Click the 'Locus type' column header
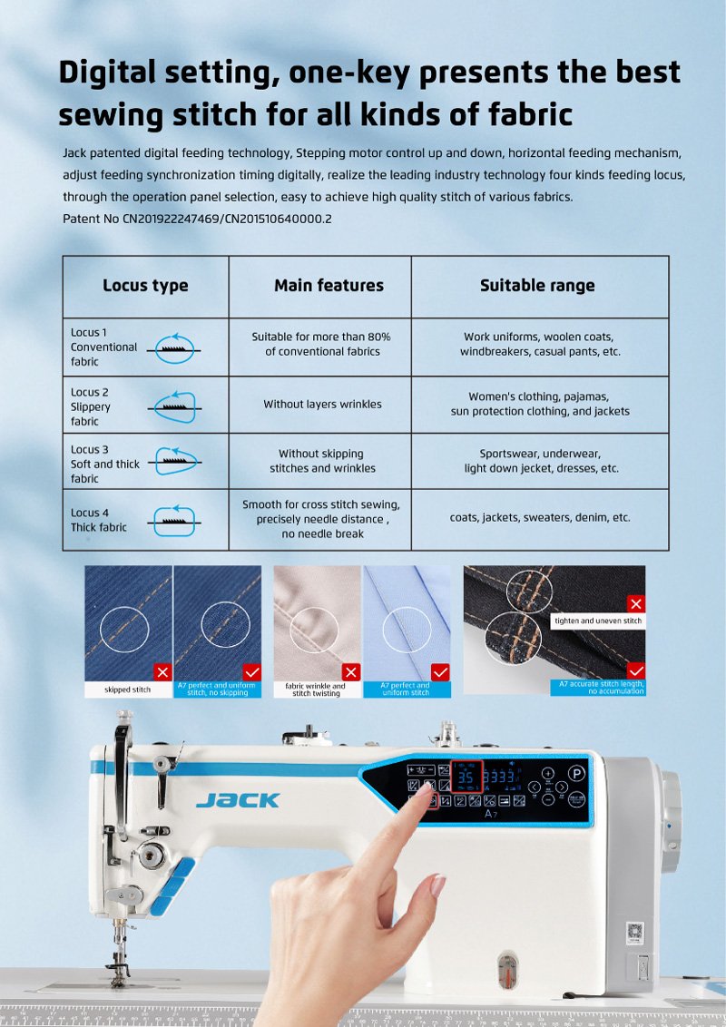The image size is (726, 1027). click(145, 286)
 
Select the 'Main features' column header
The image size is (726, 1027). click(329, 286)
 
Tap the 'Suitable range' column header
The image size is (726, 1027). click(537, 286)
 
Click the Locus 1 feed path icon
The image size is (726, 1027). click(174, 347)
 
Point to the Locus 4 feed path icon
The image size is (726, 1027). click(174, 519)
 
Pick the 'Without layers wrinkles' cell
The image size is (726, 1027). click(322, 405)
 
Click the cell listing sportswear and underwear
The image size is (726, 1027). click(540, 461)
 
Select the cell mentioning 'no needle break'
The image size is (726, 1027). click(322, 519)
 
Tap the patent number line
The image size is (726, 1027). click(197, 220)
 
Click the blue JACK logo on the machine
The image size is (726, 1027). click(238, 800)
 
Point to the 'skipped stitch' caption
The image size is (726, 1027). click(128, 690)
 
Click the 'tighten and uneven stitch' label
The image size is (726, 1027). click(598, 621)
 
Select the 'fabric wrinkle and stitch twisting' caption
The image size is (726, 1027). click(315, 690)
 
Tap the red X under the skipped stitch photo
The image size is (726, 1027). click(162, 672)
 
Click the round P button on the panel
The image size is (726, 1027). click(576, 775)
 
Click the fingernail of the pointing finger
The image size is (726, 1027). click(423, 795)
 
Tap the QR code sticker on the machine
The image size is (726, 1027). click(635, 932)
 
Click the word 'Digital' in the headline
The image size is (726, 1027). click(117, 73)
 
